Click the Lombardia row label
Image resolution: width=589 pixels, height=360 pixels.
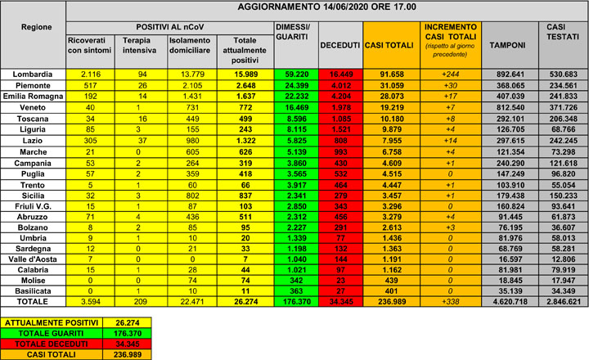[x=32, y=74]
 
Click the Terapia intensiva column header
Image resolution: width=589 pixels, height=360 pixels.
[x=141, y=44]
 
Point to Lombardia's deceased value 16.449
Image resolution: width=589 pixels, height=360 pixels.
[x=339, y=74]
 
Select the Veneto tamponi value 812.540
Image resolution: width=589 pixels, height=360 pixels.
[x=506, y=107]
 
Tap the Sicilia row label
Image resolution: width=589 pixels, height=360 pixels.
[x=32, y=196]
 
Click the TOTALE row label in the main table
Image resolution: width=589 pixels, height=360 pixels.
[x=32, y=301]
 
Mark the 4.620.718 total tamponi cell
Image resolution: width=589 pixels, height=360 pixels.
[x=506, y=301]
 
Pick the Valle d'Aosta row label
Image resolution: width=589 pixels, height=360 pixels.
[x=32, y=258]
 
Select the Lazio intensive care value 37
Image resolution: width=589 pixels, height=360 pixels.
[x=141, y=140]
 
